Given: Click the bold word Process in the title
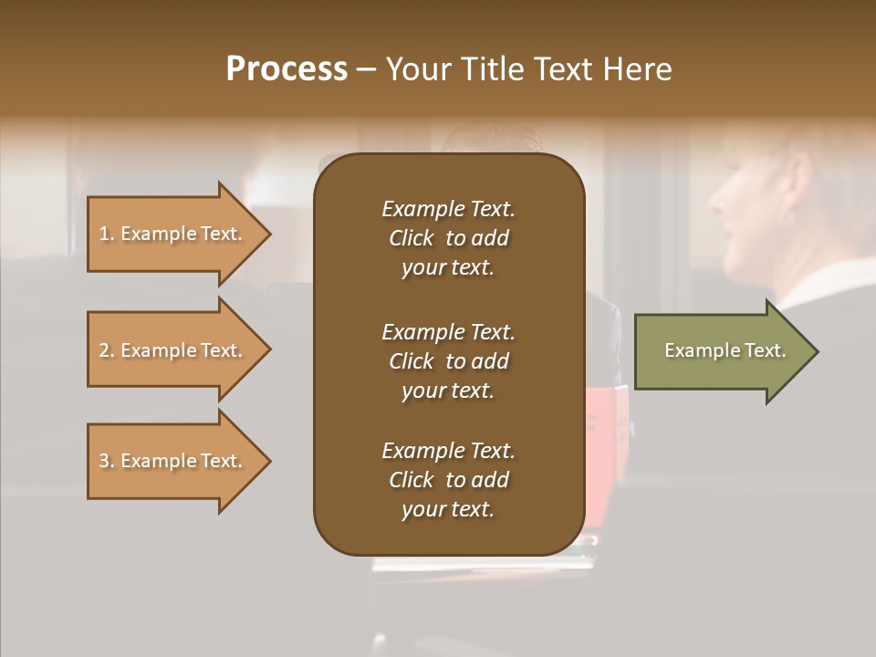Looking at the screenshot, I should (x=287, y=69).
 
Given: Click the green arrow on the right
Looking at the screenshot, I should (x=721, y=350).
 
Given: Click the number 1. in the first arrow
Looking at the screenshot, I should (x=107, y=234).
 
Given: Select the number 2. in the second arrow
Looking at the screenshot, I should (x=107, y=350).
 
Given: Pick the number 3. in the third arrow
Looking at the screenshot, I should (x=107, y=461).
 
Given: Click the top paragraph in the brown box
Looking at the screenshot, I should (x=448, y=238).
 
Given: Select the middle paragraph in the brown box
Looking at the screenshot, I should (x=448, y=361).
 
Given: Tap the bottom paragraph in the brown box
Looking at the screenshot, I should (x=448, y=480).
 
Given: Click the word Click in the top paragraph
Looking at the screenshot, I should (x=411, y=238).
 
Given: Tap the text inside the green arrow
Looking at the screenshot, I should (x=725, y=350).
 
